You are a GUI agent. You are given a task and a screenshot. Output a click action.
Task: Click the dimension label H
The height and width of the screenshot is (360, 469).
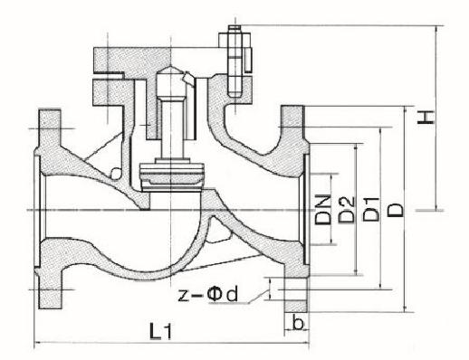pyautogui.click(x=426, y=118)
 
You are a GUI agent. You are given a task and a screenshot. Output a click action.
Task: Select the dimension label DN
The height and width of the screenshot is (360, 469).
pyautogui.click(x=322, y=210)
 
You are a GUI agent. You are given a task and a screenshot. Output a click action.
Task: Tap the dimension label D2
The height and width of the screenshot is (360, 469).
pyautogui.click(x=346, y=210)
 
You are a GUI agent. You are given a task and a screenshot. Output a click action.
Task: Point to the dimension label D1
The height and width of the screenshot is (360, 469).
pyautogui.click(x=370, y=210)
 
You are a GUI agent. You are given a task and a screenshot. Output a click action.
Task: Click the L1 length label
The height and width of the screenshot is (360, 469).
pyautogui.click(x=160, y=331)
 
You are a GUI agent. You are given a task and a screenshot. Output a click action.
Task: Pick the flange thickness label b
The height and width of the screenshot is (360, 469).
pyautogui.click(x=298, y=323)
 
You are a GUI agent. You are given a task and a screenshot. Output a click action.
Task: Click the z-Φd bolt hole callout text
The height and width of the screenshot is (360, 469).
pyautogui.click(x=208, y=294)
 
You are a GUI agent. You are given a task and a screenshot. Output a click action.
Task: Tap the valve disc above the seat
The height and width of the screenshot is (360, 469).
pyautogui.click(x=171, y=177)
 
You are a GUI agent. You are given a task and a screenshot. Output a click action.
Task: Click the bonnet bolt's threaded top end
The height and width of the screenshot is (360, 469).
pyautogui.click(x=234, y=29)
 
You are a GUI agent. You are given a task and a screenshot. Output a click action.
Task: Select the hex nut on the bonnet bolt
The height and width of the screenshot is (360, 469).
pyautogui.click(x=234, y=40)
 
